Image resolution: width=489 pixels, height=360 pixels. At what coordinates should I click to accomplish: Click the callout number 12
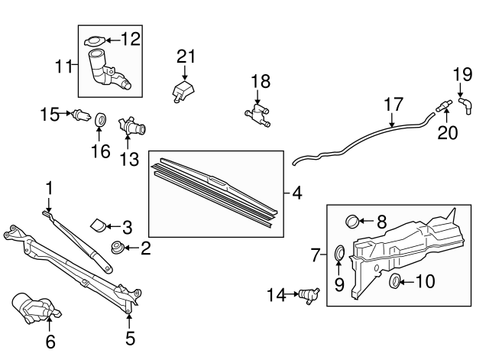[x=131, y=39]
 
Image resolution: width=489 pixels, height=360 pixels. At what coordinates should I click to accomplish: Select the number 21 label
[x=186, y=56]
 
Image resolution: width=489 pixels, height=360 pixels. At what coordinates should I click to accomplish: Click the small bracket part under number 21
[x=182, y=89]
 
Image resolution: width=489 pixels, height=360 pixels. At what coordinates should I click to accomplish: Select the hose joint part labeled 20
[x=441, y=108]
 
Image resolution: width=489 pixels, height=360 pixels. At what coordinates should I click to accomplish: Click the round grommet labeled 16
[x=100, y=120]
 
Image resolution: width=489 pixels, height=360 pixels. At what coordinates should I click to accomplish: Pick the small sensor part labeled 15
[x=76, y=116]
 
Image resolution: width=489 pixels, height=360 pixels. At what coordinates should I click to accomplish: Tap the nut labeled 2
[x=117, y=246]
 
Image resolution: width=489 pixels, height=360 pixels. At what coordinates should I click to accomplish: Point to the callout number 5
[x=130, y=337]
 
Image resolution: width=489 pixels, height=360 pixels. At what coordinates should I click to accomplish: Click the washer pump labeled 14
[x=308, y=294]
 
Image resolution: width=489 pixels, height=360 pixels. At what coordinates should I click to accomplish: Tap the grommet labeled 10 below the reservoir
[x=396, y=282]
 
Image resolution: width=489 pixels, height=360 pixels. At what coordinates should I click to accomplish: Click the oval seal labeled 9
[x=340, y=253]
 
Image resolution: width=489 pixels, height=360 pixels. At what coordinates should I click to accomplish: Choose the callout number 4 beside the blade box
[x=297, y=193]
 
